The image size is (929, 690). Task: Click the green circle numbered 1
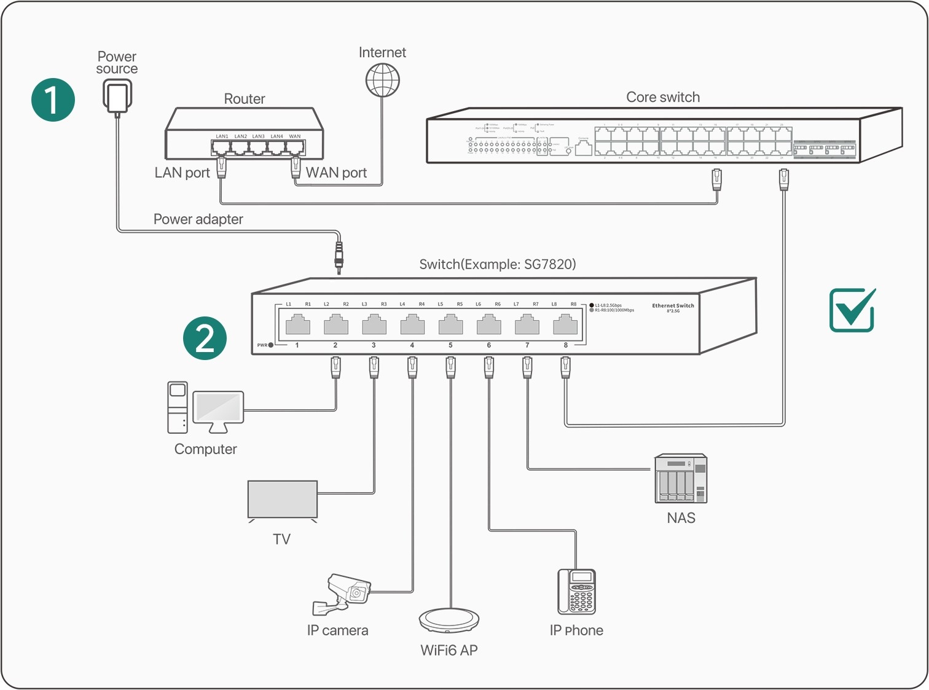click(53, 100)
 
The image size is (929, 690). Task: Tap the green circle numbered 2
click(205, 338)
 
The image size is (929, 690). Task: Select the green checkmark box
click(852, 310)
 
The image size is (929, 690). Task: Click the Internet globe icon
click(382, 80)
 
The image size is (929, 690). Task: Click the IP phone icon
click(576, 592)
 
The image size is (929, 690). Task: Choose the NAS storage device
click(681, 479)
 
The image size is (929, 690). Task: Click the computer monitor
click(218, 408)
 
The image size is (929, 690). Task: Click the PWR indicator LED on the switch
click(270, 345)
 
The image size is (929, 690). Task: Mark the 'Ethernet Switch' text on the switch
click(673, 305)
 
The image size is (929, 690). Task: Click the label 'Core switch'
click(663, 97)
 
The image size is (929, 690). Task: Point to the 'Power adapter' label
click(198, 219)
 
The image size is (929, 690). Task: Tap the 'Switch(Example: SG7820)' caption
click(497, 264)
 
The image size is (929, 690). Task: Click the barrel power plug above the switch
click(339, 256)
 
